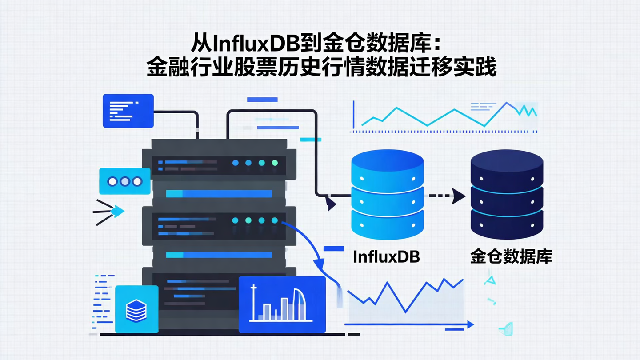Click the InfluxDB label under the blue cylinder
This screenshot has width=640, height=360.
tap(386, 257)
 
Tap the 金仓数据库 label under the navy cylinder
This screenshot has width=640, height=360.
tap(511, 257)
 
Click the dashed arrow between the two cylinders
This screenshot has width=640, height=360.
tap(444, 196)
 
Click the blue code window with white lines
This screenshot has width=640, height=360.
tap(128, 111)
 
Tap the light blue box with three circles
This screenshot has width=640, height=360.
tap(125, 181)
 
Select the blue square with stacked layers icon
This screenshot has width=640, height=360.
tap(136, 309)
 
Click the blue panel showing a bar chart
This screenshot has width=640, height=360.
tap(282, 304)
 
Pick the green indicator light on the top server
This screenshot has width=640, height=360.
tap(275, 163)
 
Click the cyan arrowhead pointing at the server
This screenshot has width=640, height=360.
tap(117, 212)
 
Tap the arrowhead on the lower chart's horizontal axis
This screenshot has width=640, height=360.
tap(471, 325)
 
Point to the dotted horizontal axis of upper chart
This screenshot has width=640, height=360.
tap(444, 132)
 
